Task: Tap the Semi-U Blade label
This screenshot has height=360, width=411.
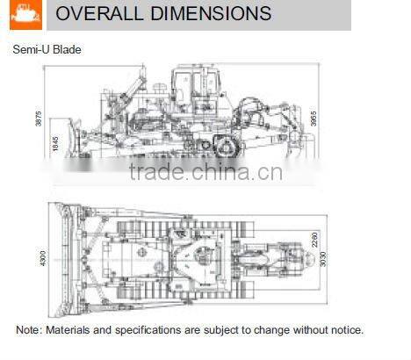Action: [x=47, y=50]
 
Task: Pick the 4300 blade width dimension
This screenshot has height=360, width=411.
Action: [x=41, y=259]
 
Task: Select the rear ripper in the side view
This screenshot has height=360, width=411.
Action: [x=290, y=132]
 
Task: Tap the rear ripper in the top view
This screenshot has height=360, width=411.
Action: [x=285, y=259]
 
